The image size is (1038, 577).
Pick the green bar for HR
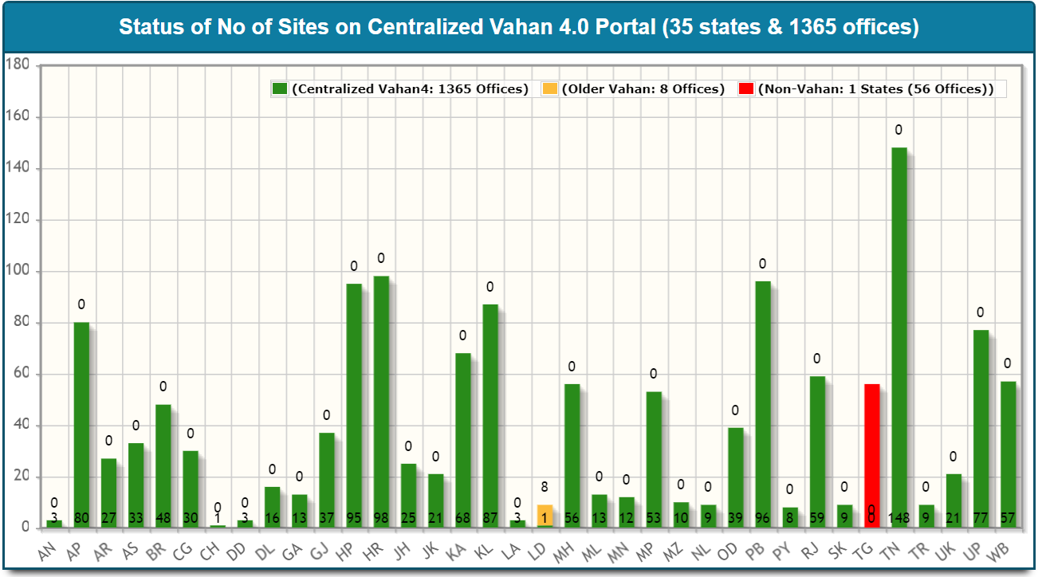[x=381, y=398]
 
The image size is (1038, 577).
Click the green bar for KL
[x=490, y=414]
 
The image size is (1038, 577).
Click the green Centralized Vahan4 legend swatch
[x=280, y=89]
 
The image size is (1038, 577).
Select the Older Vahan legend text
[x=643, y=89]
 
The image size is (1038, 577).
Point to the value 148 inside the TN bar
[x=898, y=518]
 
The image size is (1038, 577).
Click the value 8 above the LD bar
[x=545, y=487]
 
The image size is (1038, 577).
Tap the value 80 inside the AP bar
[x=81, y=518]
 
